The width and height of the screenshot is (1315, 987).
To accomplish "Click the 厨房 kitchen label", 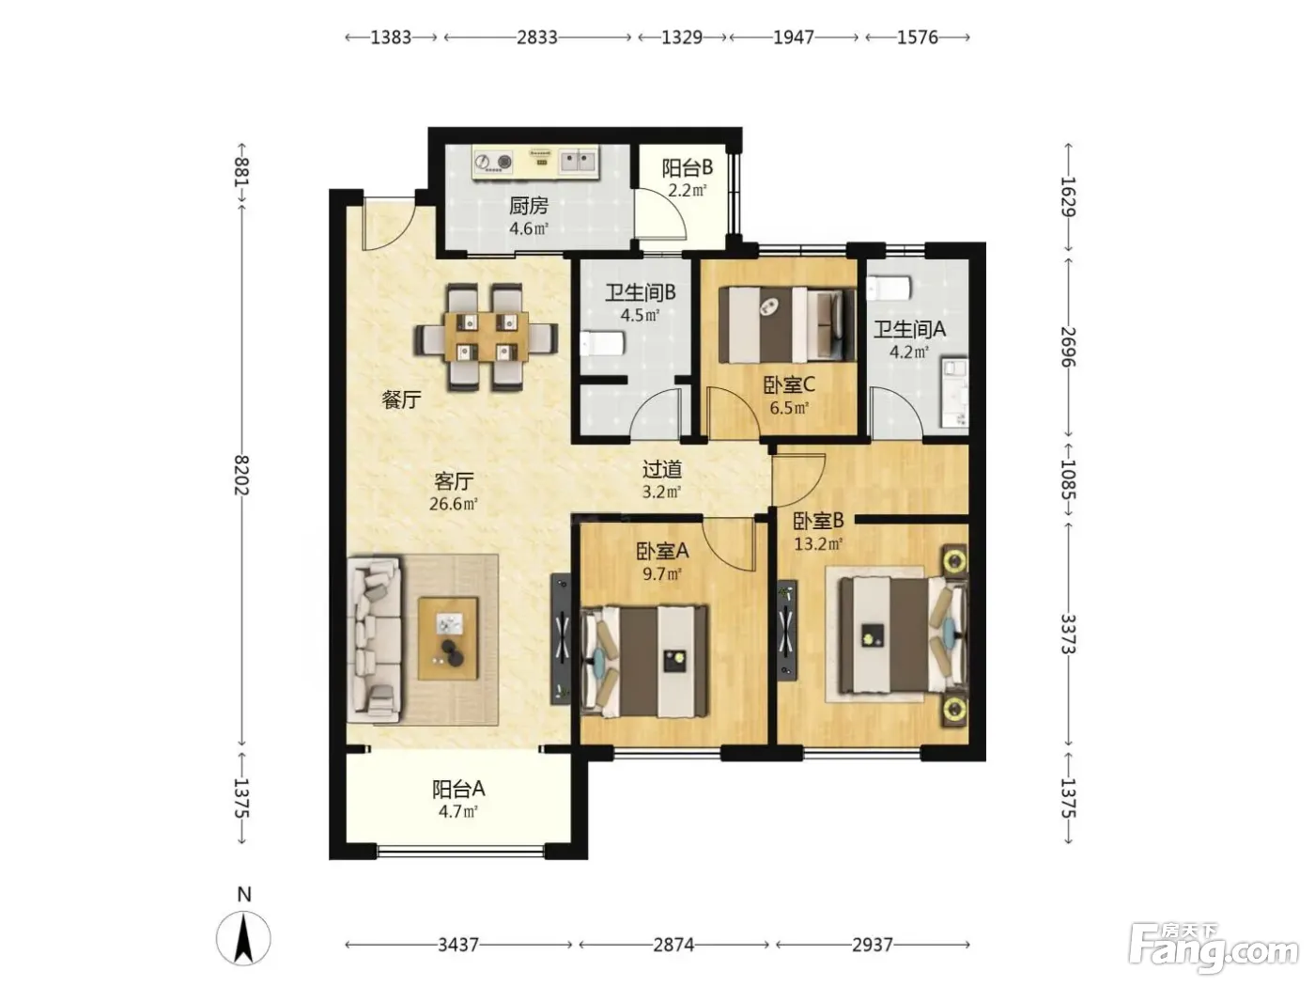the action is (x=529, y=206).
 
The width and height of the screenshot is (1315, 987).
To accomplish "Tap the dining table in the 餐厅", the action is (x=487, y=337).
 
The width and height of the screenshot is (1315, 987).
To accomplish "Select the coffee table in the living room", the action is (x=447, y=639).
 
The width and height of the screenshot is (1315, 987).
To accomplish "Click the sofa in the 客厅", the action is (x=375, y=641).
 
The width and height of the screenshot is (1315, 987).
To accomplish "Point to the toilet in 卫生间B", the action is (x=602, y=344).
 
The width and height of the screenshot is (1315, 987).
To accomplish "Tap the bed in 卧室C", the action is (x=787, y=324).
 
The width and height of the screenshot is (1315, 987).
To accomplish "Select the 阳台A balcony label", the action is (x=458, y=790).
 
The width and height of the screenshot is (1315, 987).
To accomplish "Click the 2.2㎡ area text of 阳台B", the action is (x=688, y=191).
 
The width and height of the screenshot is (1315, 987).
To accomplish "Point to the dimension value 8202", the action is (x=240, y=476).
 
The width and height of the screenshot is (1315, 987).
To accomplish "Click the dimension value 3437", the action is (x=458, y=945).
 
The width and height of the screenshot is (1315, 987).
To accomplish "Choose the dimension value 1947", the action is (x=793, y=38).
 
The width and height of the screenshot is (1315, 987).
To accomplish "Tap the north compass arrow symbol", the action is (x=243, y=938).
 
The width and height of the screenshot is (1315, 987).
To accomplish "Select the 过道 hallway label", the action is (x=662, y=468).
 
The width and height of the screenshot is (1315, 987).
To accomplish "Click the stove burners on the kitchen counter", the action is (x=494, y=162).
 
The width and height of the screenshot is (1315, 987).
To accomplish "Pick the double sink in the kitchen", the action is (x=578, y=161).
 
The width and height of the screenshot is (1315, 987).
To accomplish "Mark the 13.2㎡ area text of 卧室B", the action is (x=818, y=543).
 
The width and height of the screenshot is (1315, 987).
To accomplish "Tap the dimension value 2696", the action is (x=1068, y=347).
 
